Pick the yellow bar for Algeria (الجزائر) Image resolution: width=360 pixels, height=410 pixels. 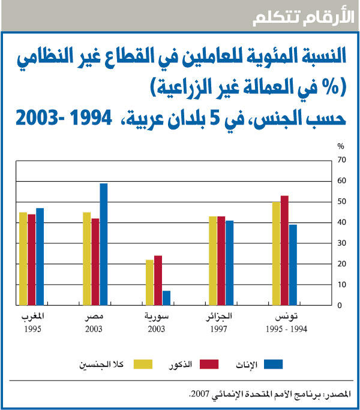(x=213, y=261)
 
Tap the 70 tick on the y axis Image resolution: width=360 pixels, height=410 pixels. (x=341, y=159)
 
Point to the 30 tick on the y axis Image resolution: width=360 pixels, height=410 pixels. (x=341, y=243)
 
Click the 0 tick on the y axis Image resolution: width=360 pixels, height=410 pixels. (x=340, y=306)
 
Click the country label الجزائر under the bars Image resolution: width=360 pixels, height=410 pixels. (x=220, y=316)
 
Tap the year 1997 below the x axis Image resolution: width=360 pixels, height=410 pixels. (x=221, y=329)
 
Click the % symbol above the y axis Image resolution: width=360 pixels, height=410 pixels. (x=340, y=146)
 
